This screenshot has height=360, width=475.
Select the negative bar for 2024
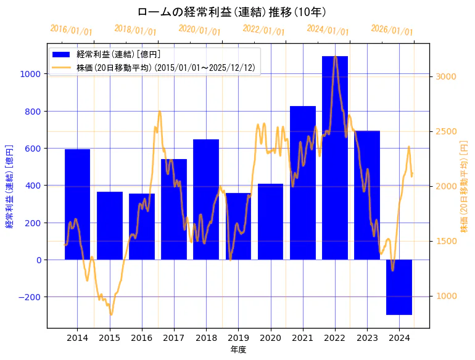[399, 287]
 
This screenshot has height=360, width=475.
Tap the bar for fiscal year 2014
[77, 204]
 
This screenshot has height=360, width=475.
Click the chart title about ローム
[232, 12]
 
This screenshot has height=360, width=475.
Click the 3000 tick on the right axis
[446, 76]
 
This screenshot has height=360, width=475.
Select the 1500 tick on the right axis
[446, 241]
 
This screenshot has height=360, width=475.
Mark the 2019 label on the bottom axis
[238, 338]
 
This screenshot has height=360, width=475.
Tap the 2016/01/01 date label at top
[72, 30]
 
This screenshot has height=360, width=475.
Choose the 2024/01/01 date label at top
[328, 30]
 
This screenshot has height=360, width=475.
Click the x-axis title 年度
[238, 350]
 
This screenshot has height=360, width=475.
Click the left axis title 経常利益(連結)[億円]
[9, 186]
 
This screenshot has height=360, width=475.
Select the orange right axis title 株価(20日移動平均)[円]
[464, 186]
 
